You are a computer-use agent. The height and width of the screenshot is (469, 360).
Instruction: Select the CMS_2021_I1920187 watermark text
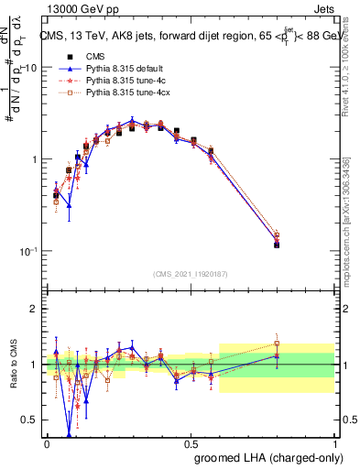[191, 273]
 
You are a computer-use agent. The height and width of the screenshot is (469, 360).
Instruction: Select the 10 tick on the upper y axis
[30, 68]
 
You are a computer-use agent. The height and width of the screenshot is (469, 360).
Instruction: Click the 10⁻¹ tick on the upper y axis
[27, 251]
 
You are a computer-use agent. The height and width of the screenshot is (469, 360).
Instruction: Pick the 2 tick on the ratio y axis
[35, 309]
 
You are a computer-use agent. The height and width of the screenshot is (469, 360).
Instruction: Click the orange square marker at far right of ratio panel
[277, 344]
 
